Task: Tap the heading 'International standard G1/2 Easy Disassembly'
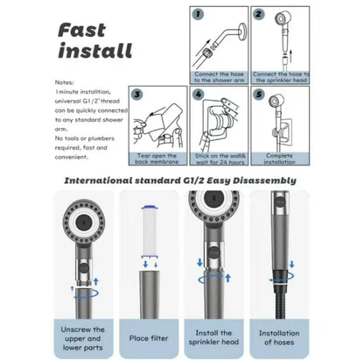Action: tap(182, 180)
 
